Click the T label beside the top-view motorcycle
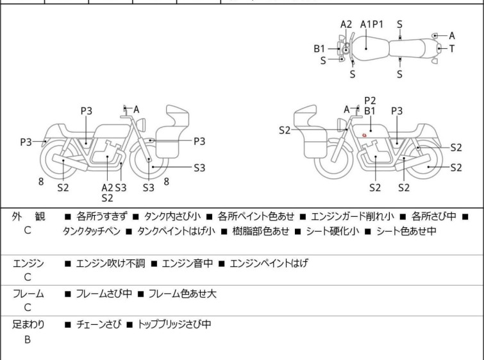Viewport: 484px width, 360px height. coord(452,48)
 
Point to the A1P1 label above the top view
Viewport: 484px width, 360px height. coord(372,24)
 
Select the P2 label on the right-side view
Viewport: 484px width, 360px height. coord(370,100)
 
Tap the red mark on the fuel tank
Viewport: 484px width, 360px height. coord(365,135)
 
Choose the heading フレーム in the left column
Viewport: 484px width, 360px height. coord(28,294)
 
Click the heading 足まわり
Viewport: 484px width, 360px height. coord(28,325)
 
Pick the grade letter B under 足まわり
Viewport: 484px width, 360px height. coord(28,339)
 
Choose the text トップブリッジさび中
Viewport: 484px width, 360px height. coord(174,325)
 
